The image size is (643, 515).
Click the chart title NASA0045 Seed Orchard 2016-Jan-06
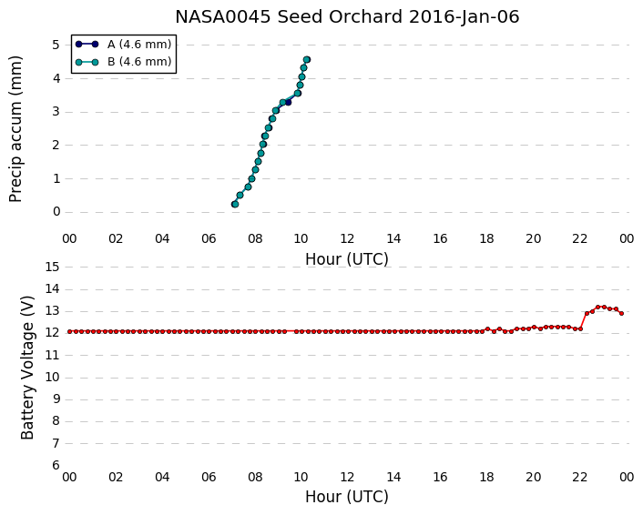click(x=347, y=16)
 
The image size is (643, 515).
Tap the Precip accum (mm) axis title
click(x=15, y=128)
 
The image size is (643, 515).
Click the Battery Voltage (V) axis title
click(x=27, y=367)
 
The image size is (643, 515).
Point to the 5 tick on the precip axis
click(x=56, y=45)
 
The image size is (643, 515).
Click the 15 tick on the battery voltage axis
click(x=53, y=268)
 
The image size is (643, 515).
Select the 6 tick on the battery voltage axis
click(x=56, y=465)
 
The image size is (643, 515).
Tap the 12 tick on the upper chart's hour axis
click(x=347, y=238)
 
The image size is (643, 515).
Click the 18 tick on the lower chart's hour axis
click(x=486, y=477)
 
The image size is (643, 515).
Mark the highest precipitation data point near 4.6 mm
click(x=307, y=60)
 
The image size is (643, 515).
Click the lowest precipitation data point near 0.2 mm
click(x=235, y=204)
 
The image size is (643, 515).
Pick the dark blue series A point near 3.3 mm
click(x=288, y=102)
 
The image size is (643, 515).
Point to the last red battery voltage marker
click(x=622, y=313)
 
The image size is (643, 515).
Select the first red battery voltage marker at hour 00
click(x=70, y=331)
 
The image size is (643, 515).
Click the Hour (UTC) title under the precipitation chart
click(x=347, y=259)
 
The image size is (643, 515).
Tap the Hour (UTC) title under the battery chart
click(x=347, y=497)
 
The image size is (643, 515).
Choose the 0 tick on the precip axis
click(x=56, y=212)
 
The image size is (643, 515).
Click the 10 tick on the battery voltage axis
click(x=53, y=377)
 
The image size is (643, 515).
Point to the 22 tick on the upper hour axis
click(x=580, y=238)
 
